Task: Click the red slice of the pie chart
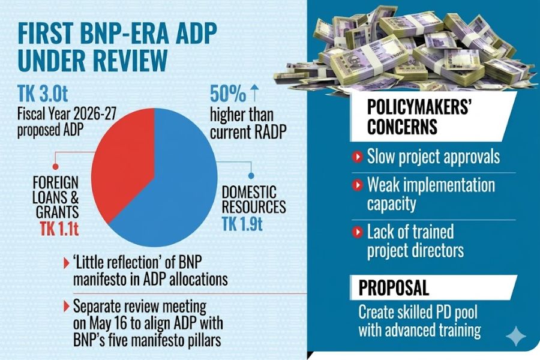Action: pos(124,162)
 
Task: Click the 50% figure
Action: pos(228,94)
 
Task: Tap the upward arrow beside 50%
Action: pos(254,93)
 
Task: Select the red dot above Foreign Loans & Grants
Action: pos(55,167)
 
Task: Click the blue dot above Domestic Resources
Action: pos(251,176)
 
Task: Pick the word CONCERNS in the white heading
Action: pos(402,127)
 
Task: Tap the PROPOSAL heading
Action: pos(394,287)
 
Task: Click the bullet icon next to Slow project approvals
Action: pos(358,157)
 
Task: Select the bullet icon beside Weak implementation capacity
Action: pos(358,185)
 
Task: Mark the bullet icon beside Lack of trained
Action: pos(358,232)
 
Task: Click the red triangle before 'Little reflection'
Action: pos(67,263)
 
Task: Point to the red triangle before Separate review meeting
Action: pos(67,307)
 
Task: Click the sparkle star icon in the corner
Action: pos(516,335)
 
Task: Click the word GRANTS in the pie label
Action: pos(58,212)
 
